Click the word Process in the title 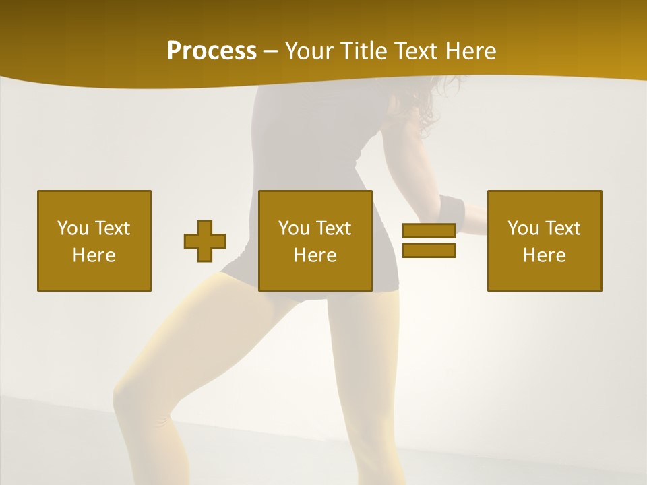pyautogui.click(x=212, y=51)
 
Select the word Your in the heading pyautogui.click(x=307, y=51)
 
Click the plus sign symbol pyautogui.click(x=205, y=241)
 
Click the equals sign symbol pyautogui.click(x=429, y=240)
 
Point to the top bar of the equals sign pyautogui.click(x=429, y=231)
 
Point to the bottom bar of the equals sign pyautogui.click(x=429, y=250)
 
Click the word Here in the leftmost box pyautogui.click(x=94, y=255)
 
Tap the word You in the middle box pyautogui.click(x=294, y=228)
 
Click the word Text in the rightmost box pyautogui.click(x=563, y=228)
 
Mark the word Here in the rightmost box pyautogui.click(x=544, y=255)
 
